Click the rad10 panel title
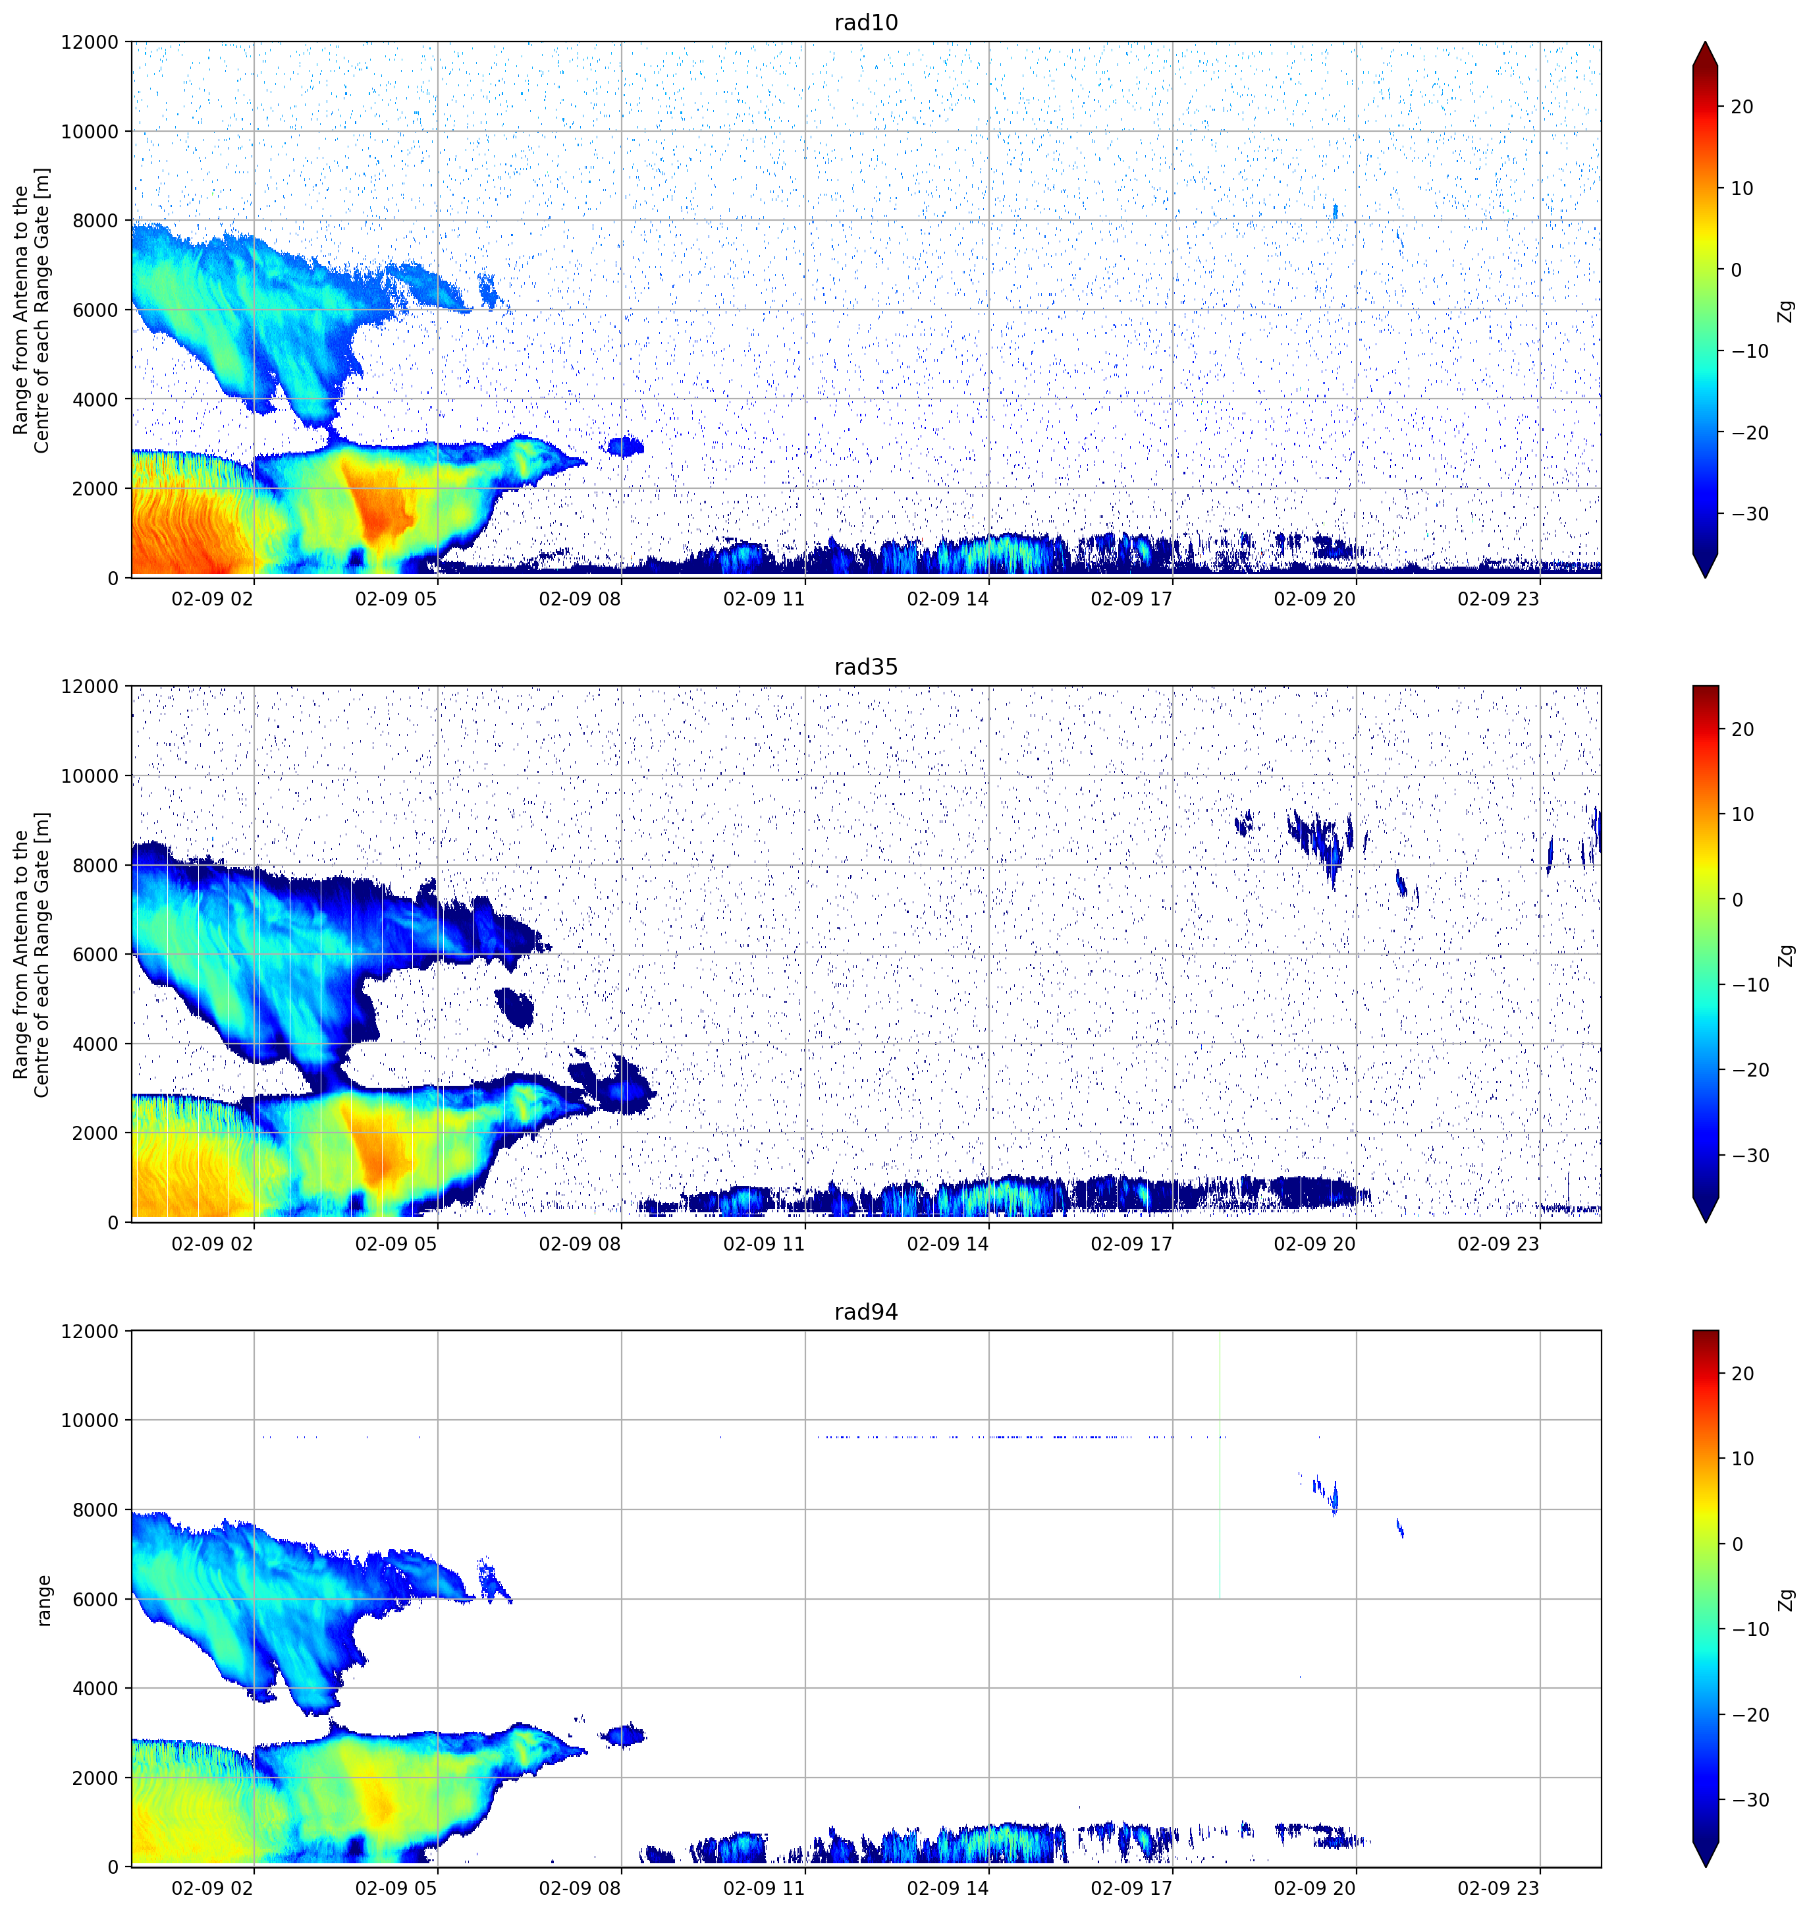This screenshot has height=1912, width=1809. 866,23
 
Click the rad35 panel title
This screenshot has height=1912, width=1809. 866,667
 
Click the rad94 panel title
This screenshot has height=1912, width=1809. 866,1312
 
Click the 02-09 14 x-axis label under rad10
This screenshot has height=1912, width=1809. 948,599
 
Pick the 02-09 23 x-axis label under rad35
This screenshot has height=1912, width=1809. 1499,1243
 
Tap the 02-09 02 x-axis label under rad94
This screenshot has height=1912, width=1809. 212,1888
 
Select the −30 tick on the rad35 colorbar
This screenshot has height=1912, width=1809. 1750,1156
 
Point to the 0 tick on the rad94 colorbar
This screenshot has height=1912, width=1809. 1738,1544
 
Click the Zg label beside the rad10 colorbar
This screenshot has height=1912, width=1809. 1787,310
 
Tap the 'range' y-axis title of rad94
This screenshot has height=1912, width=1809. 43,1600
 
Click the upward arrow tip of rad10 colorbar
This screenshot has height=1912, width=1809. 1705,42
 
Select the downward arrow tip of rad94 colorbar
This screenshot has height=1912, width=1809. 1705,1866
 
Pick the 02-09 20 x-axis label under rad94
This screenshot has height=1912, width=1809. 1314,1888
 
